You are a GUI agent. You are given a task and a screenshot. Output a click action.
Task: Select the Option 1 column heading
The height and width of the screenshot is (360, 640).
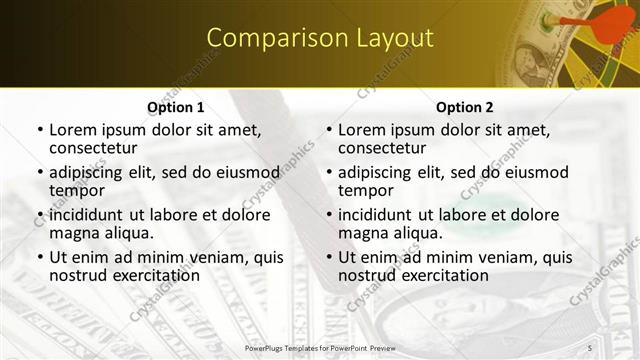pos(176,107)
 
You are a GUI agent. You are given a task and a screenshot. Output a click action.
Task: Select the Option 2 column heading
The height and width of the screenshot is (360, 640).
pos(465,107)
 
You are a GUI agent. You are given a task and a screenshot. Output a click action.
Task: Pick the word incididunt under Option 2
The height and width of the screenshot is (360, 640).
pos(379,215)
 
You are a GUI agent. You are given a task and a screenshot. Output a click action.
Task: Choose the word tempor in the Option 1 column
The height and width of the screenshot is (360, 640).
pos(77,190)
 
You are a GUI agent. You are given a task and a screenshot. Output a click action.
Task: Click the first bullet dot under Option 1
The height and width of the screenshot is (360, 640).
pos(40,131)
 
